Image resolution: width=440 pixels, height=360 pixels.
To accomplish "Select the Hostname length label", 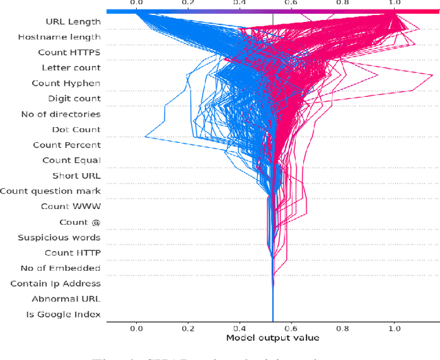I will (x=59, y=37).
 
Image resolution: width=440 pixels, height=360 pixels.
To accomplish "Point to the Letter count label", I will (x=71, y=68).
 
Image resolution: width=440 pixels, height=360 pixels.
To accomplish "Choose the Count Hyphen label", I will (x=66, y=83).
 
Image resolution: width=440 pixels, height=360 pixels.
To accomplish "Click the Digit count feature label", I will (x=74, y=99).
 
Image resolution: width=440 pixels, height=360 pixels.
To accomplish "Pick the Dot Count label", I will (x=76, y=129).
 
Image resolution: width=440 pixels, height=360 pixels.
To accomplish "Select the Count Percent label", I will (x=67, y=145).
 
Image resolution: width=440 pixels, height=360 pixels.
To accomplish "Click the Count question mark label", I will (x=50, y=191).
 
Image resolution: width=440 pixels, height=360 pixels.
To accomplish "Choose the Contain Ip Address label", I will (x=56, y=283).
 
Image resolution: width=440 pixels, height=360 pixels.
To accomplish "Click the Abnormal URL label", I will (x=66, y=299).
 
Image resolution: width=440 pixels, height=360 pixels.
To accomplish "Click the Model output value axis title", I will (x=273, y=338).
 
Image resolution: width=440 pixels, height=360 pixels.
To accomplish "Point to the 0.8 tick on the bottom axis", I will (x=342, y=328).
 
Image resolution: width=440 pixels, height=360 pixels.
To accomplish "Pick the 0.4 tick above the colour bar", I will (x=239, y=4).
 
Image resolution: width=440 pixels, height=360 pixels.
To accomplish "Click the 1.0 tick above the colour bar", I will (x=394, y=4).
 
